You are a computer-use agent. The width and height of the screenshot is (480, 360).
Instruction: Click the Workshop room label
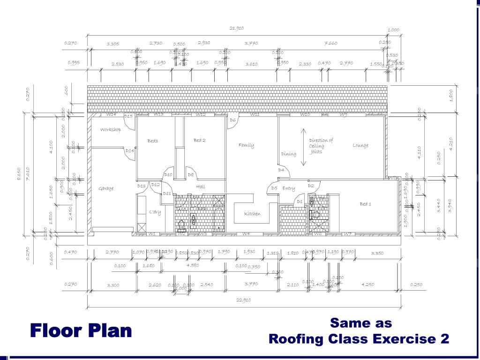pos(111,130)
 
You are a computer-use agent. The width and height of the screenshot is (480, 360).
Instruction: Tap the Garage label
pos(106,188)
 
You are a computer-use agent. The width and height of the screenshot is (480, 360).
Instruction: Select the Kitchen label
pos(252,214)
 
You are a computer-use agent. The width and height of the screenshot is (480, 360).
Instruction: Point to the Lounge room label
pos(360,145)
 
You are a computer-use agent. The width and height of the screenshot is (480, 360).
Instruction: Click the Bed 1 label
pos(365,204)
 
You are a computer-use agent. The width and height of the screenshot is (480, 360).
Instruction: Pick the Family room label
pos(246,145)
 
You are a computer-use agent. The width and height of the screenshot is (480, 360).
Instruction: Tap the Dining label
pos(289,154)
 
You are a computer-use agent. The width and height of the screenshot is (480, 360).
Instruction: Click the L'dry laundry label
pos(155,212)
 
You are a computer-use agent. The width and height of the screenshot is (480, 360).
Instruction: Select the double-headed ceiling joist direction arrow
pos(303,147)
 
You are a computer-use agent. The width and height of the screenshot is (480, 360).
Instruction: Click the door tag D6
pos(232,120)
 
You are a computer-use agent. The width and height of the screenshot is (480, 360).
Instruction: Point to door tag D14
pos(130,151)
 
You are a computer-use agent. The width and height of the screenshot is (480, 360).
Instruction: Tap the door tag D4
pos(281,170)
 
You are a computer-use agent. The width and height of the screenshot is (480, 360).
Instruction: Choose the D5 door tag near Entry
pos(274,188)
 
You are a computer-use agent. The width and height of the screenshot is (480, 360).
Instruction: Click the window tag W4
pos(246,233)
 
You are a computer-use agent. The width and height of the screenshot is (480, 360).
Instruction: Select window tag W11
pos(255,114)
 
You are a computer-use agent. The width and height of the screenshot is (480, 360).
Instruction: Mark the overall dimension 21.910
pos(237,29)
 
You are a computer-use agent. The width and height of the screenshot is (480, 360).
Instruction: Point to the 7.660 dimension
pos(331,43)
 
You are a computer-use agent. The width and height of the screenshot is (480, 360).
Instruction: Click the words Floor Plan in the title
pos(81,331)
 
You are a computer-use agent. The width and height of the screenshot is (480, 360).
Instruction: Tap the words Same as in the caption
pos(360,323)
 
